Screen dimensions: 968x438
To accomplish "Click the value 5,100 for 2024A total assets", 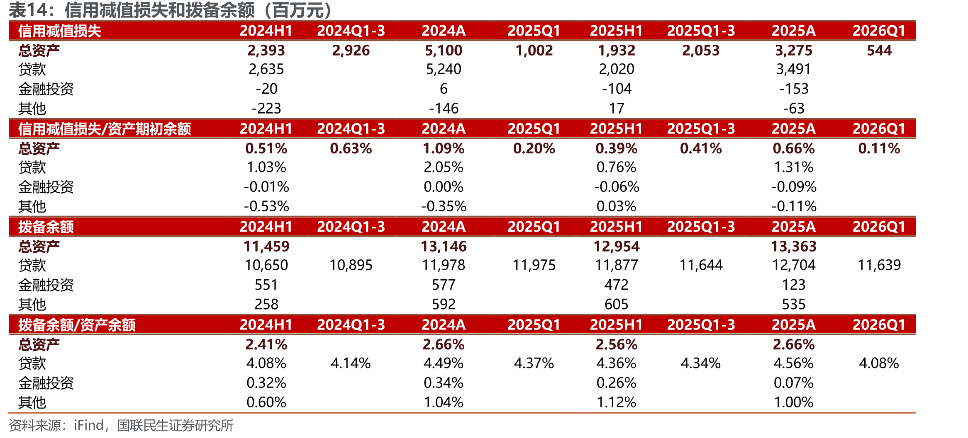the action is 444,51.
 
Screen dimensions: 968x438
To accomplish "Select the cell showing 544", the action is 879,51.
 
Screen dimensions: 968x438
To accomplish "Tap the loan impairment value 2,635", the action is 266,69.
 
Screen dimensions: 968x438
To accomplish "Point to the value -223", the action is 266,109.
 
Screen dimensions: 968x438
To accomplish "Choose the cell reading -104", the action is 617,89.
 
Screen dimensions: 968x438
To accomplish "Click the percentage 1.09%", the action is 444,148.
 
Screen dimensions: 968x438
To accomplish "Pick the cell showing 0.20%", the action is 534,148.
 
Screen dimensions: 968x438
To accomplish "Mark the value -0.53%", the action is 266,206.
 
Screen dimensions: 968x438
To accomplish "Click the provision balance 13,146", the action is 444,247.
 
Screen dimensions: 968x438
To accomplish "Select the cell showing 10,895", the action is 351,265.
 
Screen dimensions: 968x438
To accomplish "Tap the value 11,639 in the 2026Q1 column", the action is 879,265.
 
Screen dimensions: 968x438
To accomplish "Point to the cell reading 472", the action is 617,285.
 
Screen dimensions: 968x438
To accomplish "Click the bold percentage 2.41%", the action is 266,344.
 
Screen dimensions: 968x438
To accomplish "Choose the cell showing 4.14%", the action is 351,363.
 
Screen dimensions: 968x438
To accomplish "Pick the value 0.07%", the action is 794,383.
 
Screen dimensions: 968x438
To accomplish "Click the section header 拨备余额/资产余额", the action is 77,325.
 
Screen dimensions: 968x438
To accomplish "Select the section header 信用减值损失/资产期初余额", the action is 105,129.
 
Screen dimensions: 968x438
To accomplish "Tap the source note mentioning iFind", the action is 121,426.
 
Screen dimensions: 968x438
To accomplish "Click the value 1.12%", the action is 617,402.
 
